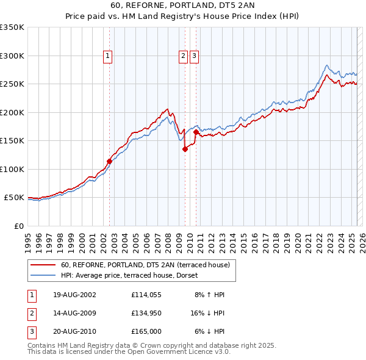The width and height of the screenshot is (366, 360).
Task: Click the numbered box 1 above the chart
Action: click(x=108, y=56)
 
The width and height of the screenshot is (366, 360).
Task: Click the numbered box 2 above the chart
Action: click(x=183, y=56)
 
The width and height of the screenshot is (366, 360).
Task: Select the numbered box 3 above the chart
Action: click(x=194, y=56)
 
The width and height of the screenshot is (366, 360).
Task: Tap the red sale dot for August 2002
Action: click(x=110, y=161)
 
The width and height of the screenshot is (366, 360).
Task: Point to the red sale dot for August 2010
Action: click(x=196, y=132)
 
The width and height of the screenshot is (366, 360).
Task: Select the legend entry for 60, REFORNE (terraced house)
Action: click(x=145, y=265)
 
